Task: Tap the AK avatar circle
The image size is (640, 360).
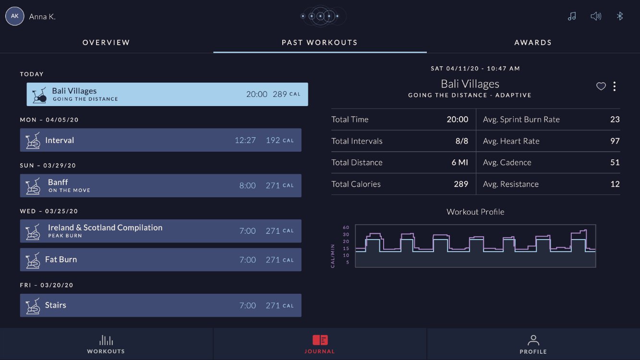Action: point(14,16)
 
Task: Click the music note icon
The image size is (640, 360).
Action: point(572,16)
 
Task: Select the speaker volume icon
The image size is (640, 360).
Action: point(596,16)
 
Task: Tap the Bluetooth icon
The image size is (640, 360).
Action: point(620,16)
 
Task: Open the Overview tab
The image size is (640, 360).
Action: point(106,43)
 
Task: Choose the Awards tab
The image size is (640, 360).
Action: point(533,43)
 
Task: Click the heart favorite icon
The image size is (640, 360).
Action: point(601,86)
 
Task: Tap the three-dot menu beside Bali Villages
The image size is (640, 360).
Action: point(615,86)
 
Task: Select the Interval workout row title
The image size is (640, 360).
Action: point(60,140)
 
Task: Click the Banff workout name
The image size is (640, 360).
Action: point(58,182)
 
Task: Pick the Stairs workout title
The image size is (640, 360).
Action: point(55,305)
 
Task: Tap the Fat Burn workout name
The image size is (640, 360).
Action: point(61,259)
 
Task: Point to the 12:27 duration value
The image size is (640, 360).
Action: point(245,140)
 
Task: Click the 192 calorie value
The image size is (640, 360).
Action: point(273,140)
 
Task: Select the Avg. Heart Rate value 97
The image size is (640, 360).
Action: point(615,141)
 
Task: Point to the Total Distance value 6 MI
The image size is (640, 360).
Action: point(459,163)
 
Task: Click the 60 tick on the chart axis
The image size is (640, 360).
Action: point(346,228)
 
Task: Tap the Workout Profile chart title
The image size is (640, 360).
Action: point(475,212)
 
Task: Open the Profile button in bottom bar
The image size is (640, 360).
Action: point(533,345)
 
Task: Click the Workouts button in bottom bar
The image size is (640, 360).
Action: point(106,345)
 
